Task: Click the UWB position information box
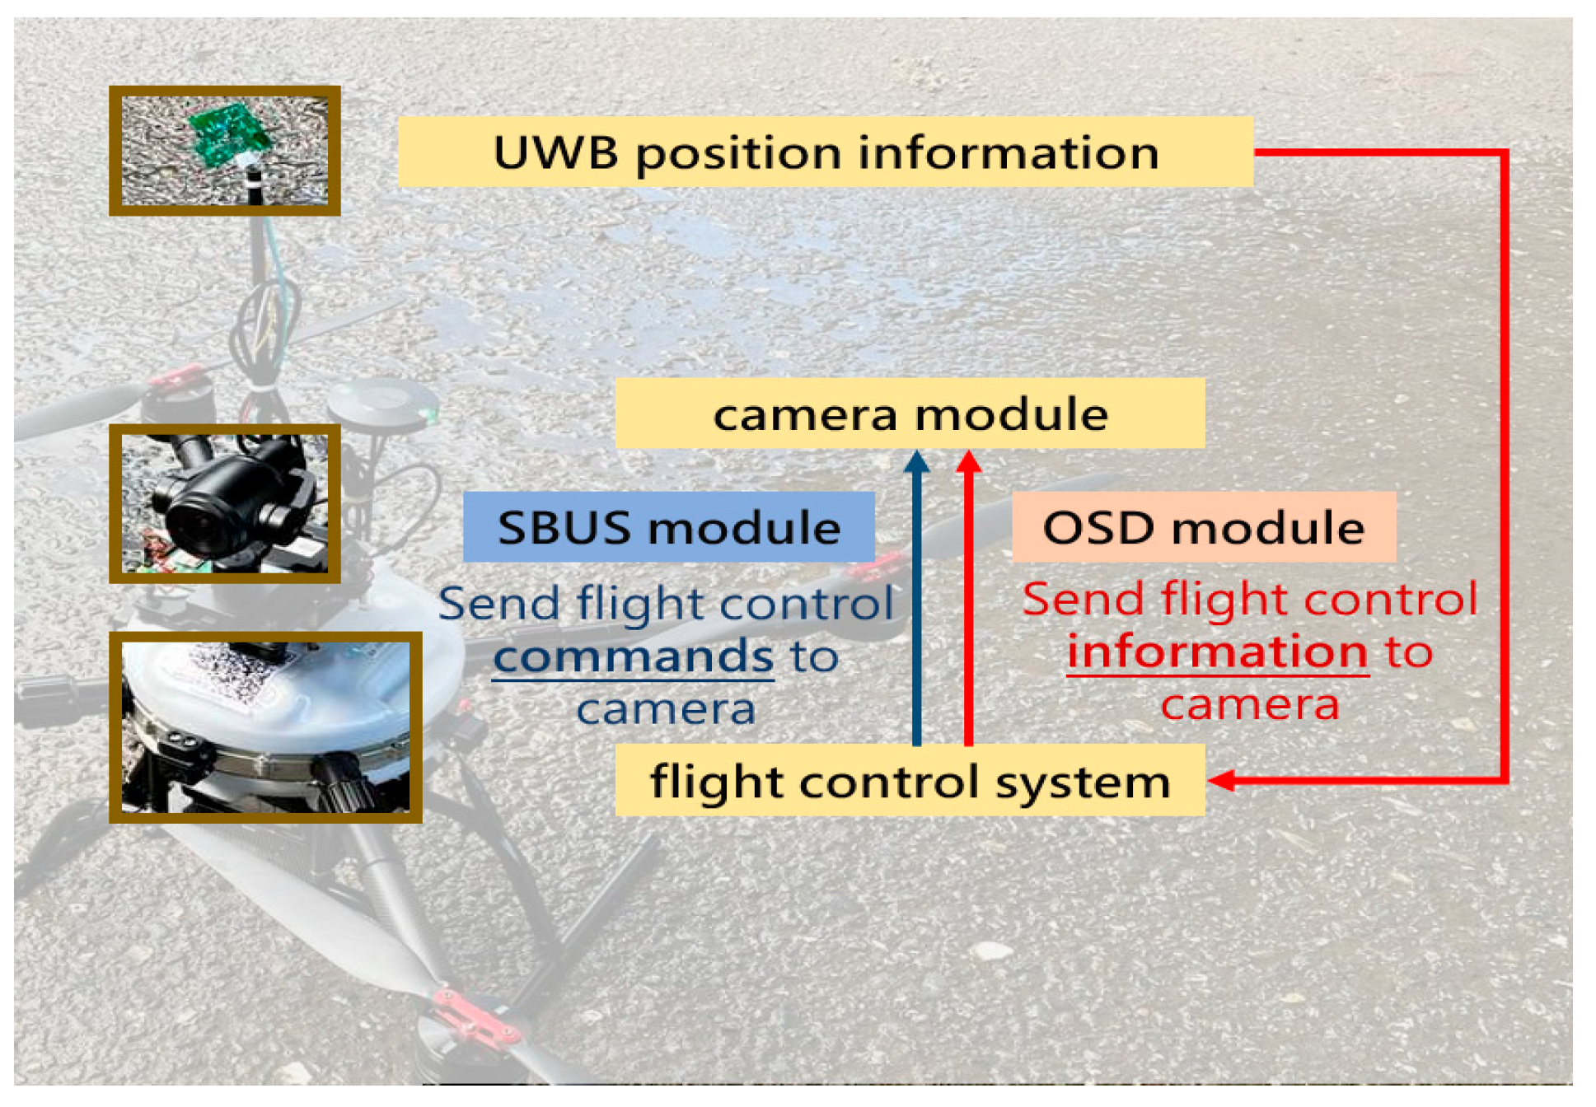pyautogui.click(x=825, y=152)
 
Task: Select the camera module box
pyautogui.click(x=910, y=413)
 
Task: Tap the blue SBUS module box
pyautogui.click(x=668, y=527)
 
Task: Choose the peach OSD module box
pyautogui.click(x=1203, y=527)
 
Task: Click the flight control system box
pyautogui.click(x=910, y=781)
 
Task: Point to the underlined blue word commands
pyautogui.click(x=633, y=657)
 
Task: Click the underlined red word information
pyautogui.click(x=1217, y=652)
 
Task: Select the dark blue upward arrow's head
pyautogui.click(x=916, y=461)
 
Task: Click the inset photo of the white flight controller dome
pyautogui.click(x=265, y=727)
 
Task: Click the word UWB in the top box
pyautogui.click(x=555, y=153)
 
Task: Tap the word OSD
pyautogui.click(x=1098, y=528)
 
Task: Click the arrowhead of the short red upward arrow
pyautogui.click(x=968, y=461)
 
